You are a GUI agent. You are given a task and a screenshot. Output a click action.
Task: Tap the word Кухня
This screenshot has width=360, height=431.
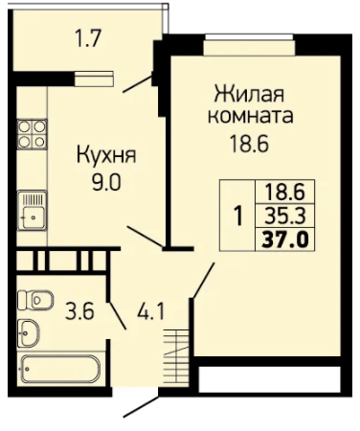click(x=106, y=156)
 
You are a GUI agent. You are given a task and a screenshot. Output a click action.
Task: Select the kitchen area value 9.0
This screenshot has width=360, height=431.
click(x=106, y=183)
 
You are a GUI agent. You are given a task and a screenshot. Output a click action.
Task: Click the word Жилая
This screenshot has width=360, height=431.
click(x=249, y=95)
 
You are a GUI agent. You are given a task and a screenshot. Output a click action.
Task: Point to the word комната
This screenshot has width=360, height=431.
click(x=251, y=116)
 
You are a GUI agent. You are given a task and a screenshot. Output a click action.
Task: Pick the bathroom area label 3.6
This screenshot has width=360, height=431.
click(x=79, y=311)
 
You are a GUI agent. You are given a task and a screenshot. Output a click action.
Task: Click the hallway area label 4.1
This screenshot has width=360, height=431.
click(x=151, y=311)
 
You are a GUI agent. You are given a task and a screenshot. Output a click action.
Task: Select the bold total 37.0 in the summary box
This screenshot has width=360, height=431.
click(x=285, y=239)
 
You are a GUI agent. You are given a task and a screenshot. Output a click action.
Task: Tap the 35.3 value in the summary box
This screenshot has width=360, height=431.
click(x=285, y=215)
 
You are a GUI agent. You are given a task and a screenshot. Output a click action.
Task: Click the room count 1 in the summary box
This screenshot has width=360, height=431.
click(x=238, y=216)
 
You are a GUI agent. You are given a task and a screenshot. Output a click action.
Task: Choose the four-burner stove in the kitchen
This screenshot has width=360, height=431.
click(x=33, y=134)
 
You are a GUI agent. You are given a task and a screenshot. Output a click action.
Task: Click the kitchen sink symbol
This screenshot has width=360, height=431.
click(x=32, y=210)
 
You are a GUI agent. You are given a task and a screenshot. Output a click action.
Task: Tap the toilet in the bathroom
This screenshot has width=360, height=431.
click(x=35, y=300)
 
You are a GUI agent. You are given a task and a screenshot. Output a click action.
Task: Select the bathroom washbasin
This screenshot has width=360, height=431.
click(x=29, y=332)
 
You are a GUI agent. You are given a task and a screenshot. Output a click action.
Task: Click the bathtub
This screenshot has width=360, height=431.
click(x=60, y=369)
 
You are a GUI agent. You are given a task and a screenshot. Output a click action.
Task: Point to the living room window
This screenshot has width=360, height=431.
click(x=249, y=37)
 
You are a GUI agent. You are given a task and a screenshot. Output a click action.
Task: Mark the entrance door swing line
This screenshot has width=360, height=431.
click(x=141, y=407)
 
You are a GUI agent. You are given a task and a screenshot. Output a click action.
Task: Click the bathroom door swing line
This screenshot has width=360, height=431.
click(x=117, y=315)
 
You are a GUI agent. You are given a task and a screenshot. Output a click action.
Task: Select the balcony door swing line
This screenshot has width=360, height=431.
click(x=137, y=84)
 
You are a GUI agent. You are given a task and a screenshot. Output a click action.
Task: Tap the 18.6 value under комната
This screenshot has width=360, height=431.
click(x=250, y=144)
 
